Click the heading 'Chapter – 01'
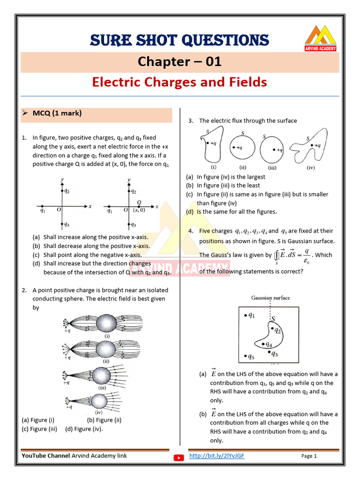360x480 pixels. (x=180, y=62)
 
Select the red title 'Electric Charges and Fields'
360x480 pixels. (x=180, y=82)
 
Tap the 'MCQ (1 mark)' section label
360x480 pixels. (x=57, y=113)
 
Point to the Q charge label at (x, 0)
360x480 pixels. (x=139, y=202)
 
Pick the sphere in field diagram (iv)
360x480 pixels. (x=99, y=401)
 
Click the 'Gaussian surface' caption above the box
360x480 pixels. (x=270, y=298)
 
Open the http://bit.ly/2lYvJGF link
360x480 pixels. (x=216, y=456)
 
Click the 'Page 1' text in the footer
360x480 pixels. (x=309, y=456)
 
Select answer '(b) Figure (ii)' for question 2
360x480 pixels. (x=104, y=420)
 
